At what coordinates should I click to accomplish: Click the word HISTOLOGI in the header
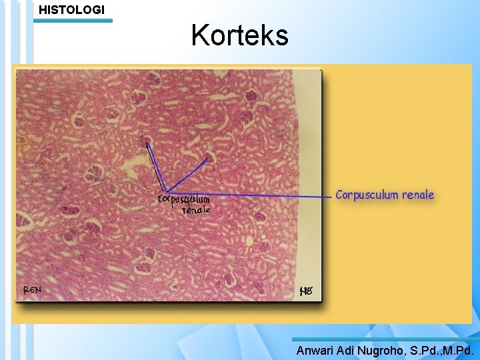[x=71, y=9]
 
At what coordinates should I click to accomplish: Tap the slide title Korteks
[x=239, y=35]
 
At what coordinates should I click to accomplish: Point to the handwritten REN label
[x=31, y=290]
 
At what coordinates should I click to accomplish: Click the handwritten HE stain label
[x=307, y=291]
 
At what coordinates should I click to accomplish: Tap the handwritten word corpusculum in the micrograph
[x=183, y=199]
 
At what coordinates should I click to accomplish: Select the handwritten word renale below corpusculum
[x=197, y=209]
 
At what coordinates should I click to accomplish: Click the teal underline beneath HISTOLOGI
[x=73, y=21]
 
